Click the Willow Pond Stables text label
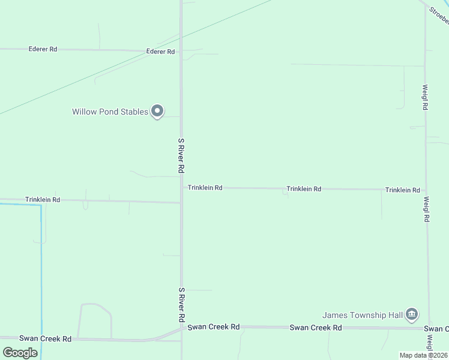coord(110,112)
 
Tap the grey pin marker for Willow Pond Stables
coord(157,111)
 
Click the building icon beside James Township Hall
coord(412,314)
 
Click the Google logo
coord(20,352)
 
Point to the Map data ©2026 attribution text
coord(423,355)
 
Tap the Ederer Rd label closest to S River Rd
coord(160,52)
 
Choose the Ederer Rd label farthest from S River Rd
coord(43,49)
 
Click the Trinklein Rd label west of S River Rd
coord(43,199)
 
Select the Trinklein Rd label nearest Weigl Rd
coord(402,190)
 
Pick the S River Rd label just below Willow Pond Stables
coord(181,156)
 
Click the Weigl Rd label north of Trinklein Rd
coord(425,97)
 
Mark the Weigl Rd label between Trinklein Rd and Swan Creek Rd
coord(426,209)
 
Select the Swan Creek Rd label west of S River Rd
coord(45,339)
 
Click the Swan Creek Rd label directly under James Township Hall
coord(316,328)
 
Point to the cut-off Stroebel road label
coord(439,16)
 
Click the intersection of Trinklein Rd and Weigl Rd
coord(426,190)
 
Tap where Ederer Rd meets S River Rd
coord(181,52)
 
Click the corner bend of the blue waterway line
coord(41,205)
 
